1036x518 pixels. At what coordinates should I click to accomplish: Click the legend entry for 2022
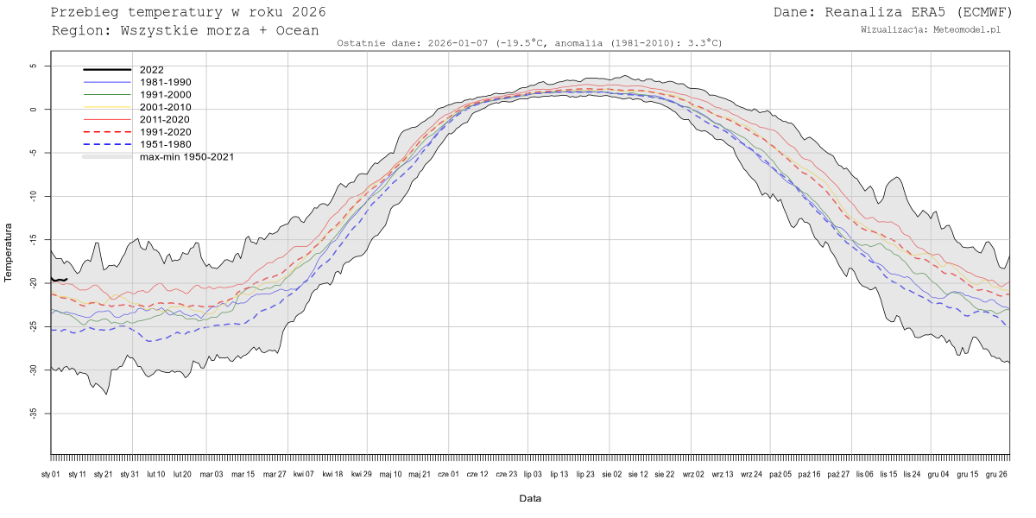click(x=151, y=70)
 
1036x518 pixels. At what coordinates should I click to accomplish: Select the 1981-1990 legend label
click(x=165, y=82)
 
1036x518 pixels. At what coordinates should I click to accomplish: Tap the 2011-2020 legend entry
click(x=165, y=119)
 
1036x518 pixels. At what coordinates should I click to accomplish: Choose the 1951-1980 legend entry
click(x=165, y=144)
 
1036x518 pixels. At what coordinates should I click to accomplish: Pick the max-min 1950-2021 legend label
click(x=186, y=156)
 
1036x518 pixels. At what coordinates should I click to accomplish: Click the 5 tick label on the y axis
click(x=33, y=66)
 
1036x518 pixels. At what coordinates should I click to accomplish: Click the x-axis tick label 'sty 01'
click(x=51, y=474)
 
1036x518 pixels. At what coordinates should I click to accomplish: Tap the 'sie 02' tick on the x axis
click(x=610, y=474)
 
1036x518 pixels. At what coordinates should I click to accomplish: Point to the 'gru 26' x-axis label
click(x=996, y=474)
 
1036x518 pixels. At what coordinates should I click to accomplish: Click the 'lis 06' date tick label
click(x=863, y=474)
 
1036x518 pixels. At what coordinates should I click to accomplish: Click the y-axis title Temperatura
click(x=9, y=253)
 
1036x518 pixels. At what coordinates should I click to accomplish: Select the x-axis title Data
click(x=530, y=498)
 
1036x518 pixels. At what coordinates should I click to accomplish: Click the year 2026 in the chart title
click(x=308, y=12)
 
